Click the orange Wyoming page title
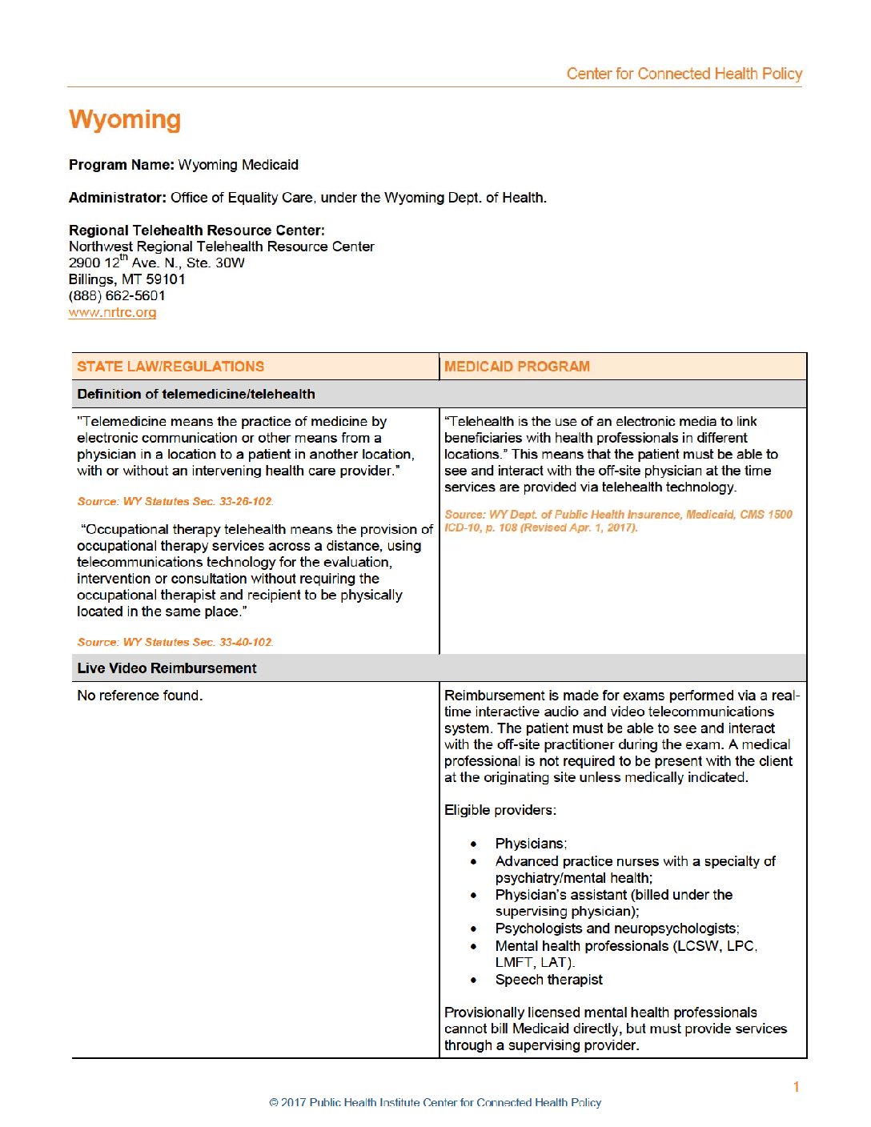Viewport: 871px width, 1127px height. pyautogui.click(x=125, y=119)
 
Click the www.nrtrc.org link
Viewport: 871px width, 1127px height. pyautogui.click(x=112, y=312)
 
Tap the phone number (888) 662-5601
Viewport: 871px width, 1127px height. pyautogui.click(x=117, y=295)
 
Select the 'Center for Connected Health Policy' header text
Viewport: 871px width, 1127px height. pyautogui.click(x=684, y=74)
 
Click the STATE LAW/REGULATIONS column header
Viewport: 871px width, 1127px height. pyautogui.click(x=171, y=367)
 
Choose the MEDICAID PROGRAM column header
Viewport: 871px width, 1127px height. pyautogui.click(x=517, y=367)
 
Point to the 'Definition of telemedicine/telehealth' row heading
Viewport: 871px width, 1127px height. pyautogui.click(x=196, y=394)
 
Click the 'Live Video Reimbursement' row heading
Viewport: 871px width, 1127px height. pyautogui.click(x=167, y=668)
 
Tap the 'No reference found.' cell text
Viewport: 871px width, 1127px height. pyautogui.click(x=140, y=696)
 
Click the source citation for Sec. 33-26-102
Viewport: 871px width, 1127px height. pyautogui.click(x=175, y=502)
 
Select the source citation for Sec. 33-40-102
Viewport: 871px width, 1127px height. pyautogui.click(x=175, y=642)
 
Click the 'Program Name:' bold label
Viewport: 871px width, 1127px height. pyautogui.click(x=121, y=165)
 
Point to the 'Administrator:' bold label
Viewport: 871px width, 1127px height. pyautogui.click(x=118, y=198)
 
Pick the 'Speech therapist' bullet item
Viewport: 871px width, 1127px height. pyautogui.click(x=548, y=980)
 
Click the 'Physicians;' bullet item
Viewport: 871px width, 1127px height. pyautogui.click(x=531, y=844)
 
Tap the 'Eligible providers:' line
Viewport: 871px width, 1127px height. pyautogui.click(x=500, y=810)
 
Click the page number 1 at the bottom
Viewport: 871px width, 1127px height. pyautogui.click(x=796, y=1087)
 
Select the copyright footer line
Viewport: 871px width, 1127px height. pyautogui.click(x=435, y=1103)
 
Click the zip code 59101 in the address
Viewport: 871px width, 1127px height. pyautogui.click(x=166, y=279)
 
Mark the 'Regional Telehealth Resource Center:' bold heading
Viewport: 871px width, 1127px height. pyautogui.click(x=197, y=231)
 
